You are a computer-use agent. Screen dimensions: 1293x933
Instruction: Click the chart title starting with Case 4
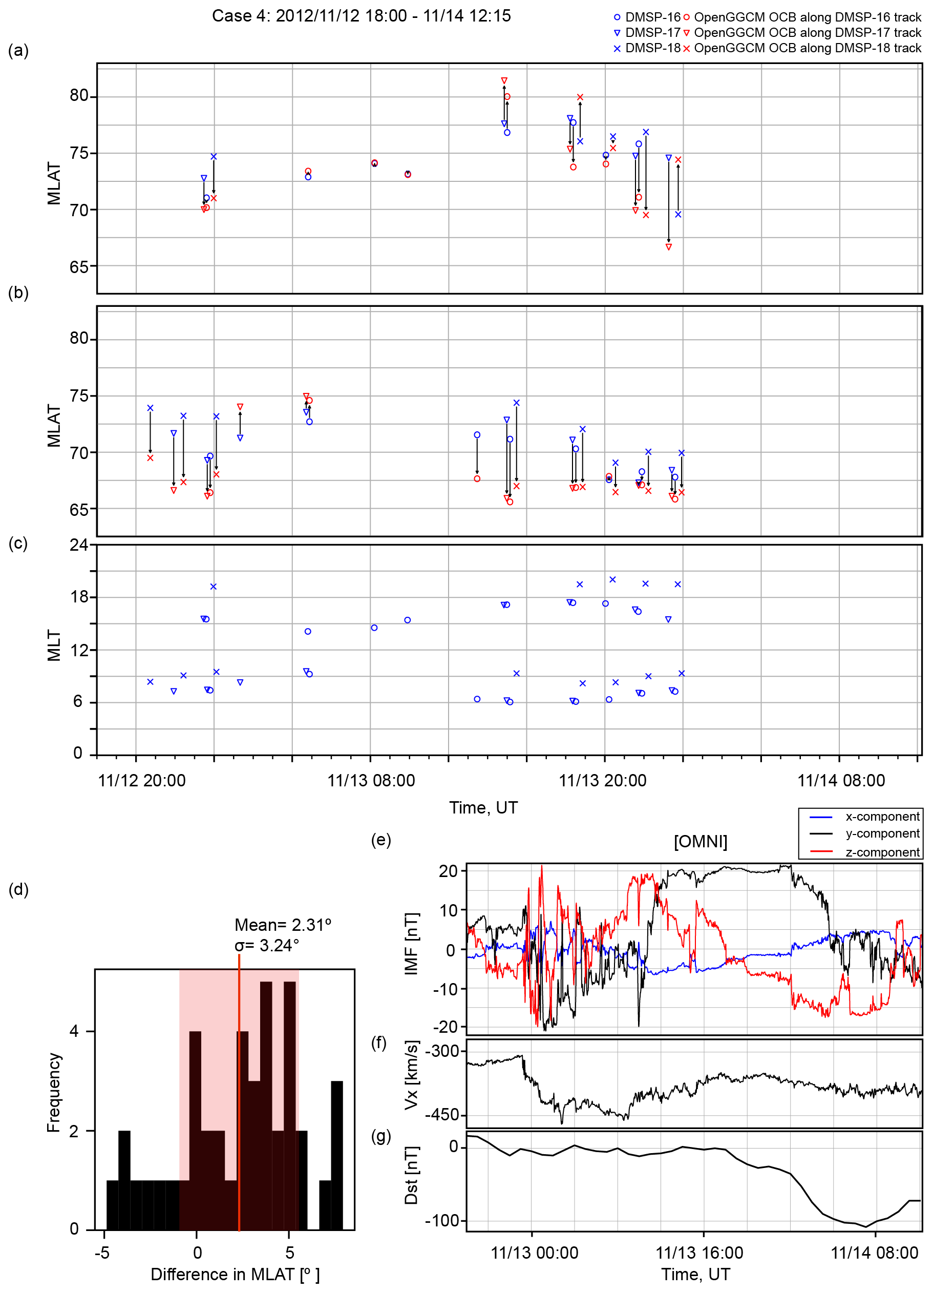coord(362,16)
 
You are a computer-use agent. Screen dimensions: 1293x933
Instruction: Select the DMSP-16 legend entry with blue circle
coord(646,17)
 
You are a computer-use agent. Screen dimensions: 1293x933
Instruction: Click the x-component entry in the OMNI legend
coord(882,817)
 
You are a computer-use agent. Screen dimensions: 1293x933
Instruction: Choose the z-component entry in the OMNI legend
coord(882,852)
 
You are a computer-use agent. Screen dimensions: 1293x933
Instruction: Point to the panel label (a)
coord(18,51)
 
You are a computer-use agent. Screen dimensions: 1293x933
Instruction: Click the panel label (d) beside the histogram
coord(18,889)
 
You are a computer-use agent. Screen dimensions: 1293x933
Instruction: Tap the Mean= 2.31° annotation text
coord(283,925)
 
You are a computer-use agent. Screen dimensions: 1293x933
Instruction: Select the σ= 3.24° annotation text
coord(267,946)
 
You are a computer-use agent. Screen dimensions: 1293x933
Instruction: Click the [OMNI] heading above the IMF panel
coord(700,842)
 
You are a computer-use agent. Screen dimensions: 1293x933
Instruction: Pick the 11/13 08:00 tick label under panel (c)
coord(371,781)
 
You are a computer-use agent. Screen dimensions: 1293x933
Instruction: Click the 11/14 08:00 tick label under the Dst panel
coord(874,1253)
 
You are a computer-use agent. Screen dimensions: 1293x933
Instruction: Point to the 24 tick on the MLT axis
coord(79,545)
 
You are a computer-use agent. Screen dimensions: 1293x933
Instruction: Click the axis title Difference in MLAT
coord(235,1275)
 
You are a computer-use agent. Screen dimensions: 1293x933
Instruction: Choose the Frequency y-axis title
coord(54,1092)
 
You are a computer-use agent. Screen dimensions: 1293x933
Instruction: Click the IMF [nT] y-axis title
coord(412,944)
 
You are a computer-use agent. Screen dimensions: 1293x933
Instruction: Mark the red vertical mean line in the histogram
coord(239,1083)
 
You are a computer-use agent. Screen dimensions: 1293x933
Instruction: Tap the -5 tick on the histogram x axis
coord(102,1253)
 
